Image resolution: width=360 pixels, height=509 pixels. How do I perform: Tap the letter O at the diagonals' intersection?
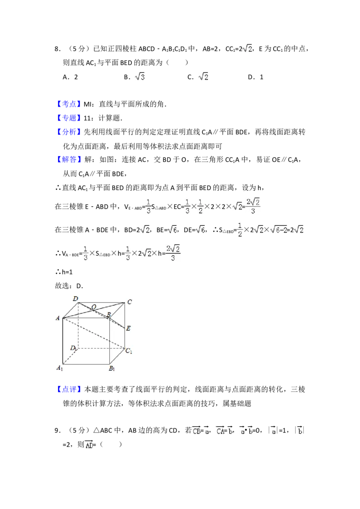tap(94, 307)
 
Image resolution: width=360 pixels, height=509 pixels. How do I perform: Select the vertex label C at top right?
tap(129, 302)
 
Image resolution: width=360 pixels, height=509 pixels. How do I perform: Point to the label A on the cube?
tap(58, 318)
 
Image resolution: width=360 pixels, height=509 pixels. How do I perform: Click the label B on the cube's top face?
tap(108, 314)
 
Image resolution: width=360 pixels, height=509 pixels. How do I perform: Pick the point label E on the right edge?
tap(128, 328)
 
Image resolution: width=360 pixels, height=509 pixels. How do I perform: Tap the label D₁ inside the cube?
tap(73, 348)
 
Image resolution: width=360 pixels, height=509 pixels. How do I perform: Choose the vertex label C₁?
tap(129, 351)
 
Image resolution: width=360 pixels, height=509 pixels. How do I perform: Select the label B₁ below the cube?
tap(112, 369)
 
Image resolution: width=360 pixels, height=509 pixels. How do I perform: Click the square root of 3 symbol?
tap(140, 77)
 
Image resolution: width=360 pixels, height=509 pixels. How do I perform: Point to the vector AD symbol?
tap(88, 445)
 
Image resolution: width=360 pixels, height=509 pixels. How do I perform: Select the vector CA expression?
tap(223, 430)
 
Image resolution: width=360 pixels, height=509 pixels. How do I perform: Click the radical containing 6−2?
tap(278, 229)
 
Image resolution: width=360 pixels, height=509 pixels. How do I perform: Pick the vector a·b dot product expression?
tap(246, 430)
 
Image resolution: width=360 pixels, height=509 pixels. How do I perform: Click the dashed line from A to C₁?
tap(93, 333)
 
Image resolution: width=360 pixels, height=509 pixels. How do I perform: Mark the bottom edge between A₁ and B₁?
tap(86, 363)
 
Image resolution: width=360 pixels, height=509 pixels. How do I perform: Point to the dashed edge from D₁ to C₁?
tap(102, 348)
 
